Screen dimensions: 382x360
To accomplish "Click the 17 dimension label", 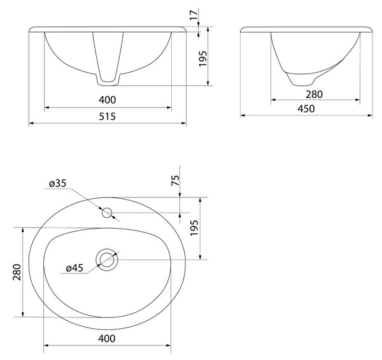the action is coord(194,15).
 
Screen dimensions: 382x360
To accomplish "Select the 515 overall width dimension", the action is coord(107,117).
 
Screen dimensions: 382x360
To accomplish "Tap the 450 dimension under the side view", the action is coord(306,109).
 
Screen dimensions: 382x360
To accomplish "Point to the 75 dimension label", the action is coord(176,180).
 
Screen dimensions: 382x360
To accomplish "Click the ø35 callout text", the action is coord(57,184).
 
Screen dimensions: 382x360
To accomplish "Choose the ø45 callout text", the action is coord(74,268).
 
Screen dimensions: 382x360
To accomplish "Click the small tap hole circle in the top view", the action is coord(107,213).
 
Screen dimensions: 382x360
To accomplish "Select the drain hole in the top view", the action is coord(107,259).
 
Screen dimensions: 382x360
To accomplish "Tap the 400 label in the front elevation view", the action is coord(107,100).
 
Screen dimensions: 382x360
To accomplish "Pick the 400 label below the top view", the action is coord(107,338).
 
